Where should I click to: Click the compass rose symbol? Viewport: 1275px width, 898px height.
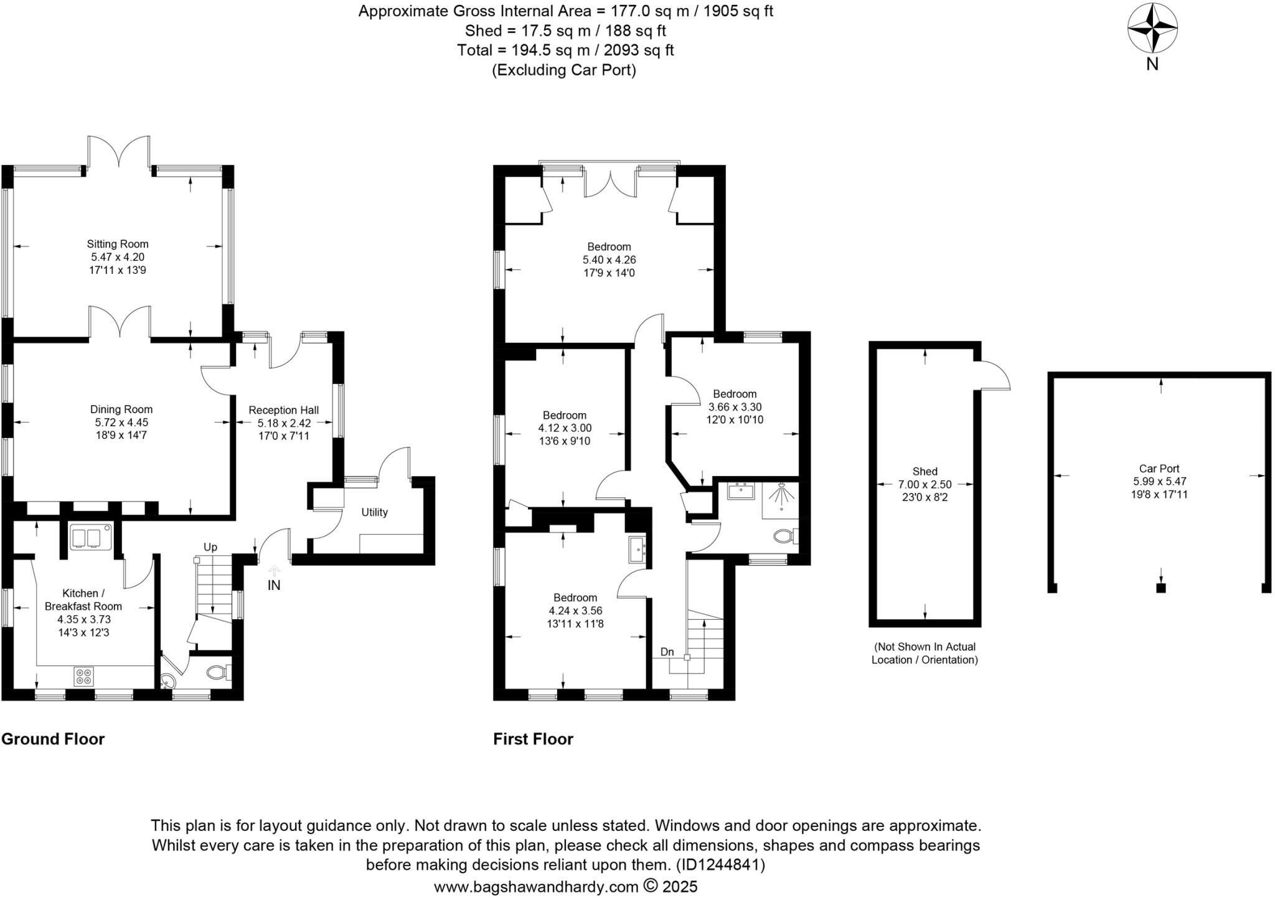[x=1152, y=29]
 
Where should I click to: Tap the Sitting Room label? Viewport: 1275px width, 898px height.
[x=118, y=244]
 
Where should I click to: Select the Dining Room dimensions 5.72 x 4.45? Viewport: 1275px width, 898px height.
[x=121, y=422]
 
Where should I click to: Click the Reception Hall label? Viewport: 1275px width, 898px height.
[x=283, y=410]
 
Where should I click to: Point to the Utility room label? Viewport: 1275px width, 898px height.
[x=374, y=512]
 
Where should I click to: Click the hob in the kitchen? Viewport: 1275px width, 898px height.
[x=83, y=676]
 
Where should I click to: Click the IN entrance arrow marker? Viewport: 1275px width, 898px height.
[x=274, y=569]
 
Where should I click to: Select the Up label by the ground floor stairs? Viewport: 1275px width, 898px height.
[x=210, y=547]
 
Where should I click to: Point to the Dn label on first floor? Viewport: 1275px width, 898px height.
[x=667, y=652]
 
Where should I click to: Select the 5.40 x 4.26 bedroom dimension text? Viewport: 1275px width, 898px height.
[x=609, y=260]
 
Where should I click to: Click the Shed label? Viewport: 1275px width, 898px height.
[x=924, y=471]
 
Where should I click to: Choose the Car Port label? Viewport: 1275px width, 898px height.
[x=1159, y=469]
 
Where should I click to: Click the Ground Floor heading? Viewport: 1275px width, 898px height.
[x=53, y=739]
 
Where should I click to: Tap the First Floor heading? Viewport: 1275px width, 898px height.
[x=533, y=739]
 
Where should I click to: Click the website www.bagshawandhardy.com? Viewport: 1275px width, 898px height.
[x=536, y=886]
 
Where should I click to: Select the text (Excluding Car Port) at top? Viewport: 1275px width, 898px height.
[x=564, y=70]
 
